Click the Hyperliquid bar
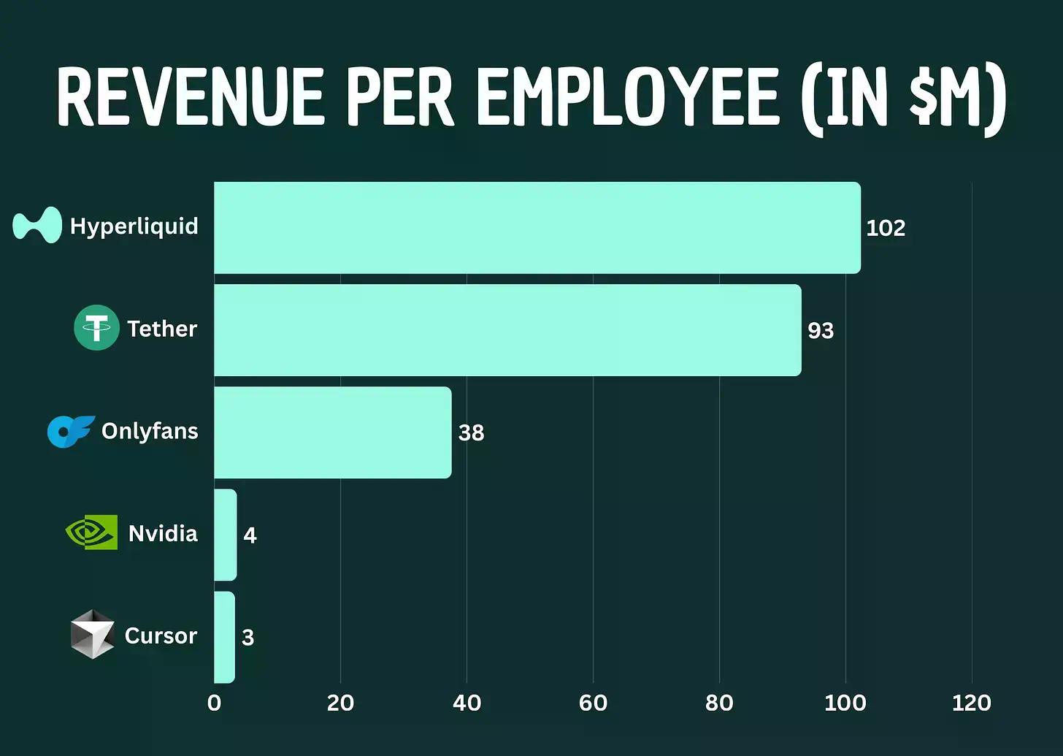coord(537,228)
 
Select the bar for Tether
coord(507,330)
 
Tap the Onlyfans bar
coord(332,432)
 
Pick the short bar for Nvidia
coord(226,535)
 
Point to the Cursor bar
coord(224,637)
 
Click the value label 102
coord(886,228)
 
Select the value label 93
coord(821,330)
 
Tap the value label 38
coord(471,432)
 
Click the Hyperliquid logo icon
coord(37,225)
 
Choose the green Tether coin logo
coord(96,327)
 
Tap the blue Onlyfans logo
coord(70,431)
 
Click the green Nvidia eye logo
coord(92,532)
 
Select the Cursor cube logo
coord(92,634)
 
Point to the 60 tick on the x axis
coord(593,703)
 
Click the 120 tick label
coord(972,703)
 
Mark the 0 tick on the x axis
coord(214,703)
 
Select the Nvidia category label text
coord(163,533)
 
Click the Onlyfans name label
coord(150,431)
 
